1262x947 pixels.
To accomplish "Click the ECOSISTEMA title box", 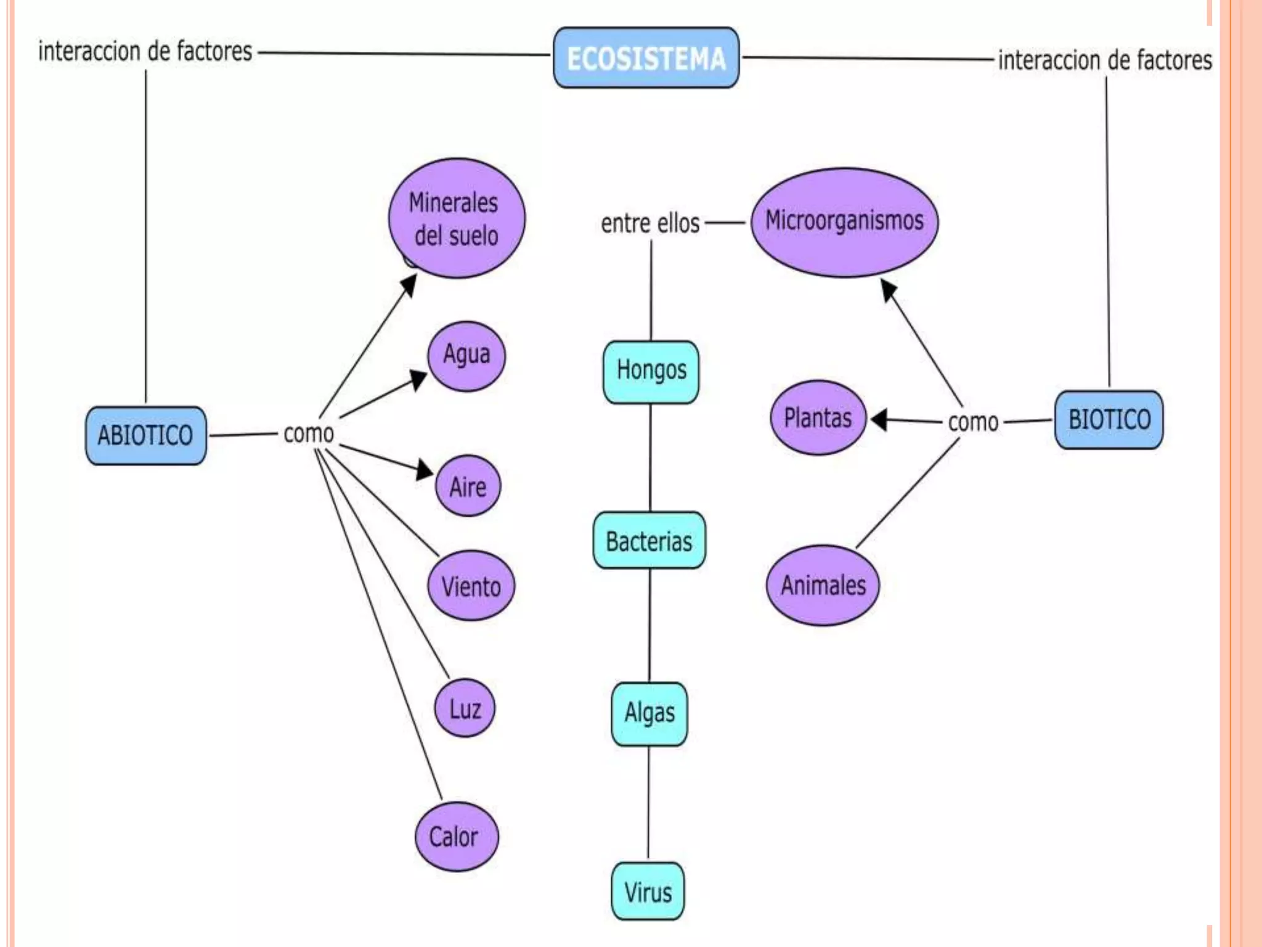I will [x=646, y=58].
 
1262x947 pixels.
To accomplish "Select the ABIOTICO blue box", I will [x=146, y=435].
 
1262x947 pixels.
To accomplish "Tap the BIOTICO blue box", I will [x=1109, y=420].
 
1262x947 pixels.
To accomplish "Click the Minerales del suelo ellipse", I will [x=457, y=218].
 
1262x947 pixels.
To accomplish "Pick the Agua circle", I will [x=466, y=356].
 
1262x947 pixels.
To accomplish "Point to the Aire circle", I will [x=468, y=486].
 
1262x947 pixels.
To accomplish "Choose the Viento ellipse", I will [x=471, y=585].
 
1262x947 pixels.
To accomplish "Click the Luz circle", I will [x=465, y=708].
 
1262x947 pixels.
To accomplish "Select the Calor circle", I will [x=456, y=836].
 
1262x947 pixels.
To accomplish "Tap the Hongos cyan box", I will [x=651, y=372].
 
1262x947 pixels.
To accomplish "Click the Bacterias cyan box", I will [x=649, y=540].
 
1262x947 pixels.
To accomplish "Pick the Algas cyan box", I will [x=649, y=713].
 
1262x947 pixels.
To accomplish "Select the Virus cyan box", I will [x=648, y=891].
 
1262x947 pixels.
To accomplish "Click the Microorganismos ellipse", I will [x=844, y=222].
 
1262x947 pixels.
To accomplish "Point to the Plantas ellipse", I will [x=818, y=418].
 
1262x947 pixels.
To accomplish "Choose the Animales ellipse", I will [x=823, y=584].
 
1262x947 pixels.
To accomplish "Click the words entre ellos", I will [x=650, y=223].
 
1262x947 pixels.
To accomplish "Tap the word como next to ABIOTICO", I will [x=308, y=433].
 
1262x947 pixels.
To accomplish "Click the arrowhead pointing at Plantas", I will [x=879, y=420].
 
